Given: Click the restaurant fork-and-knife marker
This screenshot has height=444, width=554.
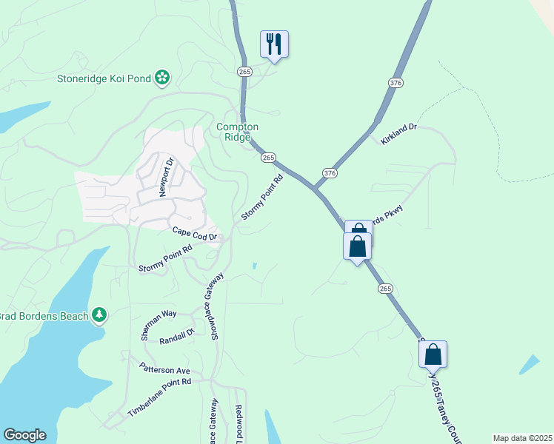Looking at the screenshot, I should point(274,44).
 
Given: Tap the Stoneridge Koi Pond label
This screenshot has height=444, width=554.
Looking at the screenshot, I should point(104,78).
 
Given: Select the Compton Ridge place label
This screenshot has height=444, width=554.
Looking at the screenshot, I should point(237,132).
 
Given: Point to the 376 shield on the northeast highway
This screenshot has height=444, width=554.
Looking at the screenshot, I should point(396,84).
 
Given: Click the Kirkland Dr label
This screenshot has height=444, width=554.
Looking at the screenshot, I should point(399,133).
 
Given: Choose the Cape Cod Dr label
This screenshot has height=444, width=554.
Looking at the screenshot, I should point(196,233).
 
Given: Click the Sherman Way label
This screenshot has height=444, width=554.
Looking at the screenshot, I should point(158,324).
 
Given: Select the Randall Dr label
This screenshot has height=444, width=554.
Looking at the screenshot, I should point(176,337).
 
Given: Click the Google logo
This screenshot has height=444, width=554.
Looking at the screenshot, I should point(24,435).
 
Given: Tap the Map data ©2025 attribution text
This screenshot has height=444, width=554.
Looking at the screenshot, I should point(522,438).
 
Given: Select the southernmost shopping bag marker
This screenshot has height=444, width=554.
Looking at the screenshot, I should point(433,354).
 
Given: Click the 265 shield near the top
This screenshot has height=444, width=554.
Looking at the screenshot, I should point(245,71).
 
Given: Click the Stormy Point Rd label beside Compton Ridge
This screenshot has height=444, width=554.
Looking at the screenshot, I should point(263,198).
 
